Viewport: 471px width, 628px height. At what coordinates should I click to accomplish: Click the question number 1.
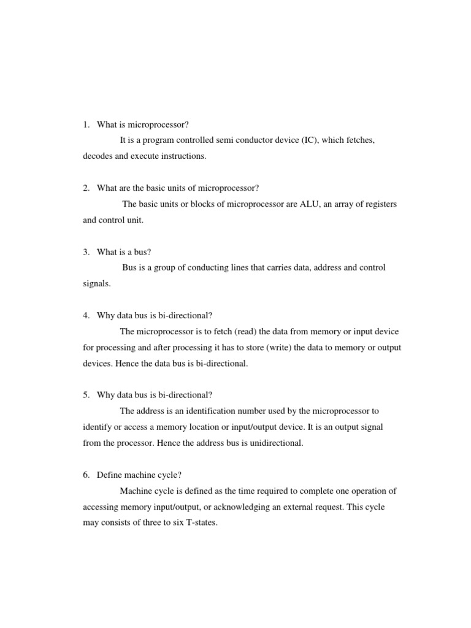pos(86,124)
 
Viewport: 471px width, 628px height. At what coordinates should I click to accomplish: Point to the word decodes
pos(99,156)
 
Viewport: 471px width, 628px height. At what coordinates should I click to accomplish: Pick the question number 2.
pos(86,188)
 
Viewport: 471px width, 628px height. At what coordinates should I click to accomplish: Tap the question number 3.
pos(86,251)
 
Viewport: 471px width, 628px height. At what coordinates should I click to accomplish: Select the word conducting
pos(204,267)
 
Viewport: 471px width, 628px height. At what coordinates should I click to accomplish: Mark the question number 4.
pos(86,315)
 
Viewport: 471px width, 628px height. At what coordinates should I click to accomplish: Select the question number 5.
pos(86,394)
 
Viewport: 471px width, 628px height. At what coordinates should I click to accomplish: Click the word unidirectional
pos(274,443)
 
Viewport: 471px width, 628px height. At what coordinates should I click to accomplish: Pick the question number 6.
pos(86,475)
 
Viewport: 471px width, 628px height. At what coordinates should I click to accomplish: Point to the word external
pos(291,507)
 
